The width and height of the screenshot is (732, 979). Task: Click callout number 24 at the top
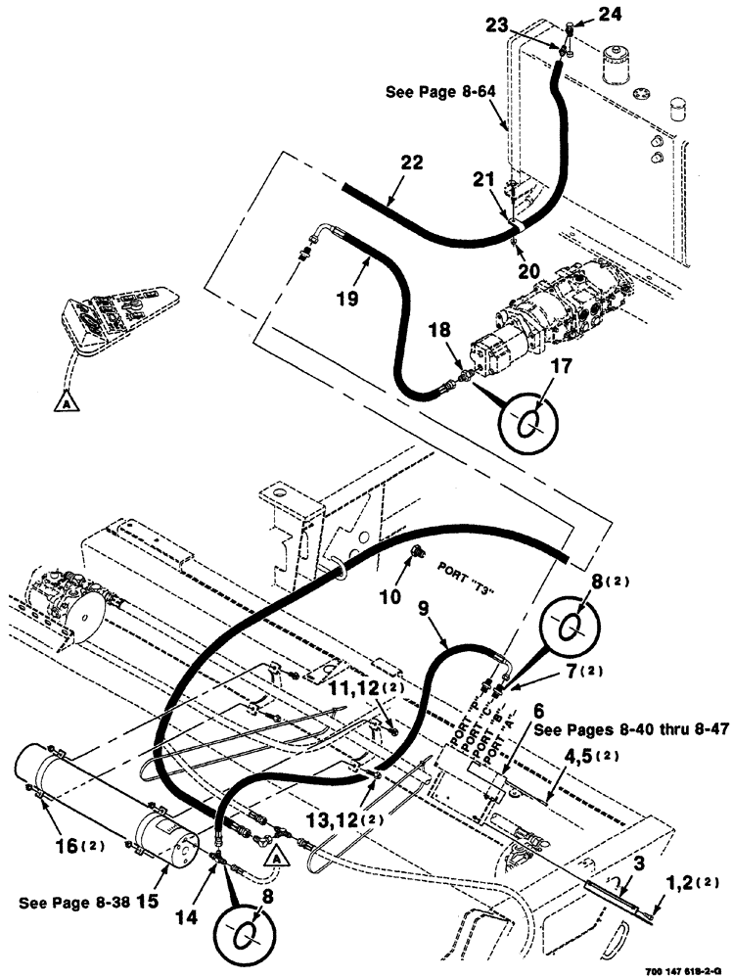[581, 14]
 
